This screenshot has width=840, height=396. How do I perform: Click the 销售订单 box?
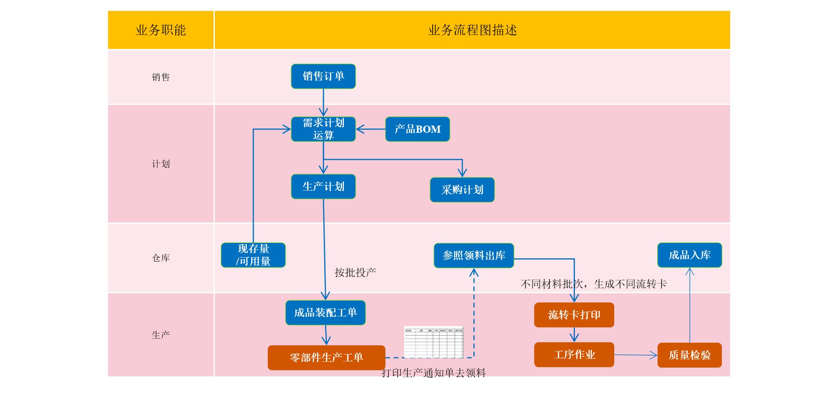323,76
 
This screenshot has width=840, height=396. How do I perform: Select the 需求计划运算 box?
323,129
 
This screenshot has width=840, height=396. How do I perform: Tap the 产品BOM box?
417,129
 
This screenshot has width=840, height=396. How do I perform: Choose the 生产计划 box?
323,187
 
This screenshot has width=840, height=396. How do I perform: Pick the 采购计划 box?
462,190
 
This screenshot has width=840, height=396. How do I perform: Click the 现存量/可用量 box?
253,255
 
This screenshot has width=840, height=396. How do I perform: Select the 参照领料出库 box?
474,255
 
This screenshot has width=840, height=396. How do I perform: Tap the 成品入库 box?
689,255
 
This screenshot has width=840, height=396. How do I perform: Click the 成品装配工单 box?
325,313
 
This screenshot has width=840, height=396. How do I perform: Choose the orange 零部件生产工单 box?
326,358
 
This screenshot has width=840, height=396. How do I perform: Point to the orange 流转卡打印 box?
574,315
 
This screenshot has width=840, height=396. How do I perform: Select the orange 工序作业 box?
574,354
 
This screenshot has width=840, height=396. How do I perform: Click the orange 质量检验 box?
689,355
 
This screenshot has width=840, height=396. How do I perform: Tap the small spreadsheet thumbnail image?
434,342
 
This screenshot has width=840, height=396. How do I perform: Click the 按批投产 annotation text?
355,273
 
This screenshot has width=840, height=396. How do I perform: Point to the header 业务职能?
161,30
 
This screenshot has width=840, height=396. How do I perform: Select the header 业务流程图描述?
472,30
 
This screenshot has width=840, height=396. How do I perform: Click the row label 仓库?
161,258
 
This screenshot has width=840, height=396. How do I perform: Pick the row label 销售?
161,77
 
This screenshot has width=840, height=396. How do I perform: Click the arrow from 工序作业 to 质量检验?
635,355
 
